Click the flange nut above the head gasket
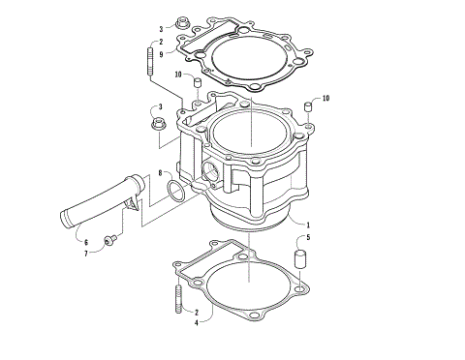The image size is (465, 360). [181, 21]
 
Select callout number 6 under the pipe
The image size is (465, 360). [85, 241]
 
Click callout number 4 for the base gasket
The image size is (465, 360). [197, 321]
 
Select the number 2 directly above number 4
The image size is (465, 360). [197, 312]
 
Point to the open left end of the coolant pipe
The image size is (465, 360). [62, 217]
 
